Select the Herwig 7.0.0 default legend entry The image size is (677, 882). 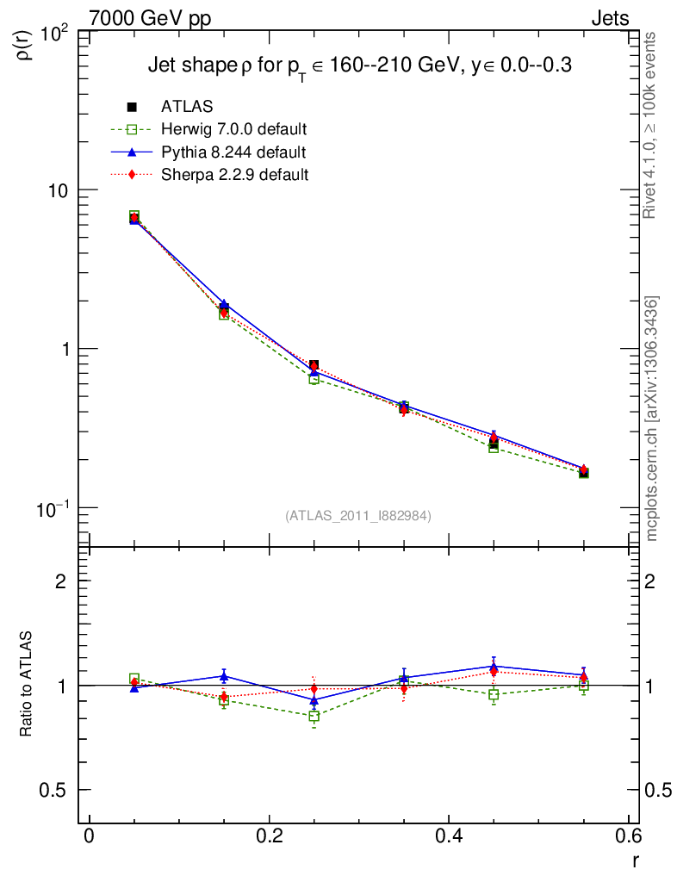coord(234,129)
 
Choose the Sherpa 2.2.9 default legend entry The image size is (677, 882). coord(234,175)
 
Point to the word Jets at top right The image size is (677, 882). coord(609,18)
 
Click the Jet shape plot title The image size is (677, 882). coord(359,66)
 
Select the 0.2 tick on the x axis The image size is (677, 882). coord(269,836)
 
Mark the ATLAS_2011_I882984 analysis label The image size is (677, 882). coord(358,515)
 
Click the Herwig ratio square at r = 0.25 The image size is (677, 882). coord(314,716)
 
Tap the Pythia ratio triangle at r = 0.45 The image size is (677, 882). coord(494,666)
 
